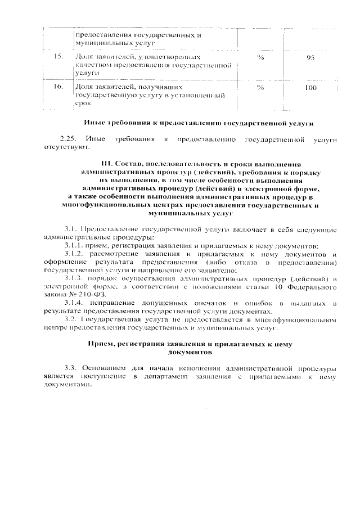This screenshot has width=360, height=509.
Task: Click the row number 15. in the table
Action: click(57, 57)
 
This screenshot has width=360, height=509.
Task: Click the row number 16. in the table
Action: click(57, 87)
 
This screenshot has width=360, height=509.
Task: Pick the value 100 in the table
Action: click(310, 88)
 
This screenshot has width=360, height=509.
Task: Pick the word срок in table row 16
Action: click(83, 104)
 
